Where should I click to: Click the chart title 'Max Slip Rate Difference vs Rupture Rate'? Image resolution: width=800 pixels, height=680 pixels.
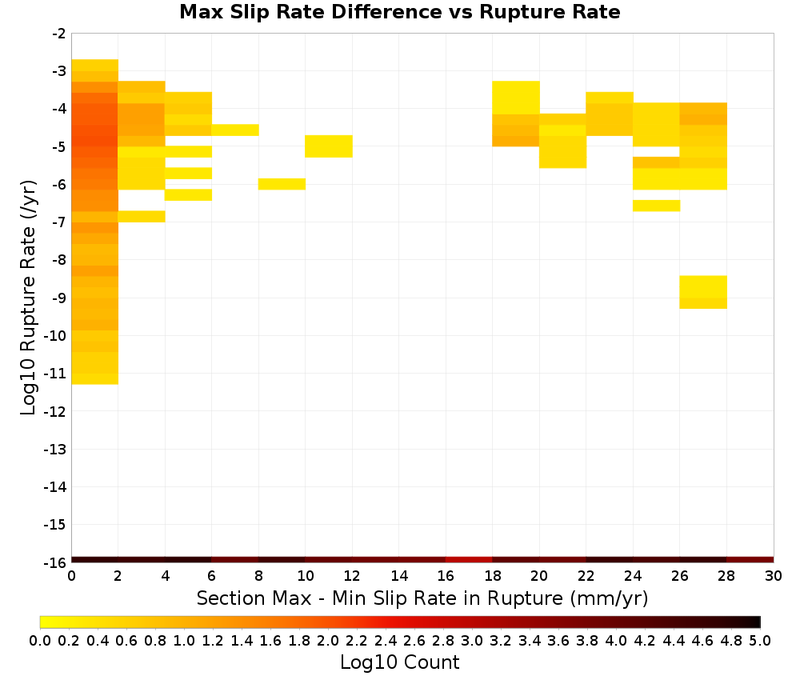(x=399, y=12)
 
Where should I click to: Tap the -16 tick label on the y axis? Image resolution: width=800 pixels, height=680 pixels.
(x=55, y=562)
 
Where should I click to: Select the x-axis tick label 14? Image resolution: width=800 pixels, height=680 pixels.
(x=399, y=576)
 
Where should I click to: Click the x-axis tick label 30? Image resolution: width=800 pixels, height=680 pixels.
(x=774, y=576)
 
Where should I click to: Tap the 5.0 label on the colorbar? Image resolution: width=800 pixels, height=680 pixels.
(x=760, y=640)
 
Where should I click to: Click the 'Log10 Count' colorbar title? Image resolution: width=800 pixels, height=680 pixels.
(x=399, y=662)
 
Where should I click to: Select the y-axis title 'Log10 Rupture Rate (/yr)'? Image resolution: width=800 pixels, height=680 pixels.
(x=28, y=298)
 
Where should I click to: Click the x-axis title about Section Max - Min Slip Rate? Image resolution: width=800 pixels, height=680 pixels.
(x=422, y=598)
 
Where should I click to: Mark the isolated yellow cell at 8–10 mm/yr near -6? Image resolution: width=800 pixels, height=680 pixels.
(x=282, y=184)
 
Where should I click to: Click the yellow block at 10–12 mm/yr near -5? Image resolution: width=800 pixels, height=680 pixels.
(x=329, y=146)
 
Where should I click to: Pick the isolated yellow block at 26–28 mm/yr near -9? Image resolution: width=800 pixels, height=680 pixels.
(x=703, y=292)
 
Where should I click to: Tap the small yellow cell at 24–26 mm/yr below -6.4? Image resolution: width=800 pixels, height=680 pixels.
(x=656, y=206)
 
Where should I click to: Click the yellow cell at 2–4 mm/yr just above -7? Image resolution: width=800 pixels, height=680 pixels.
(x=142, y=216)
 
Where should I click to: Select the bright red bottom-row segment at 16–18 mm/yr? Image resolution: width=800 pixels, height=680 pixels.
(x=469, y=560)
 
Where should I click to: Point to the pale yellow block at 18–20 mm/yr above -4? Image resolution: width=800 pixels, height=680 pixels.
(x=516, y=98)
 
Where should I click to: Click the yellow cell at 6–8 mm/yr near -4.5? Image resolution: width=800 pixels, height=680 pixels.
(x=235, y=130)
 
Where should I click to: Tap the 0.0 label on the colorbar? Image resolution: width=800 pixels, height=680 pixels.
(x=40, y=640)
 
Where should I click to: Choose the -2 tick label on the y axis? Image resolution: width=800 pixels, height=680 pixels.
(x=59, y=34)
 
